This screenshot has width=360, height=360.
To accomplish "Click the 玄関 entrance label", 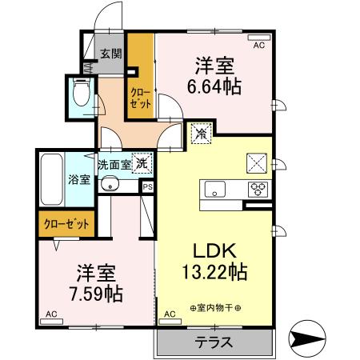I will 111,54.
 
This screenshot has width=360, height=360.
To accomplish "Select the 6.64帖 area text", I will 215,84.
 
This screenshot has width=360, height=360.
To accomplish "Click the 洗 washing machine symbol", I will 142,163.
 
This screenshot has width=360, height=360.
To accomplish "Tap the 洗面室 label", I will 114,165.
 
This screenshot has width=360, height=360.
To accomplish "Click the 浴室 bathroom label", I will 78,180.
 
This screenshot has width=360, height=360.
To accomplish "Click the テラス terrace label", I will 214,342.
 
